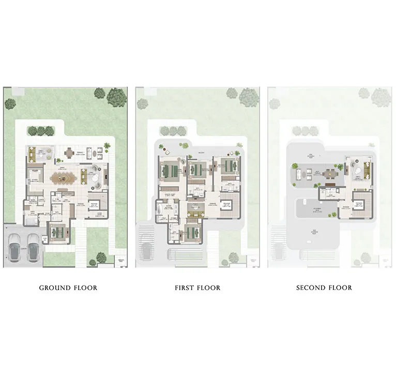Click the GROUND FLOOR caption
(68, 288)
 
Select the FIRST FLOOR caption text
(197, 288)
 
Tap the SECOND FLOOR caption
(324, 288)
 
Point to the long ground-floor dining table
(65, 177)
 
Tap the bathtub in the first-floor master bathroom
(161, 213)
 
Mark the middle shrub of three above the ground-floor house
(41, 130)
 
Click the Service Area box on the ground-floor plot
(120, 261)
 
